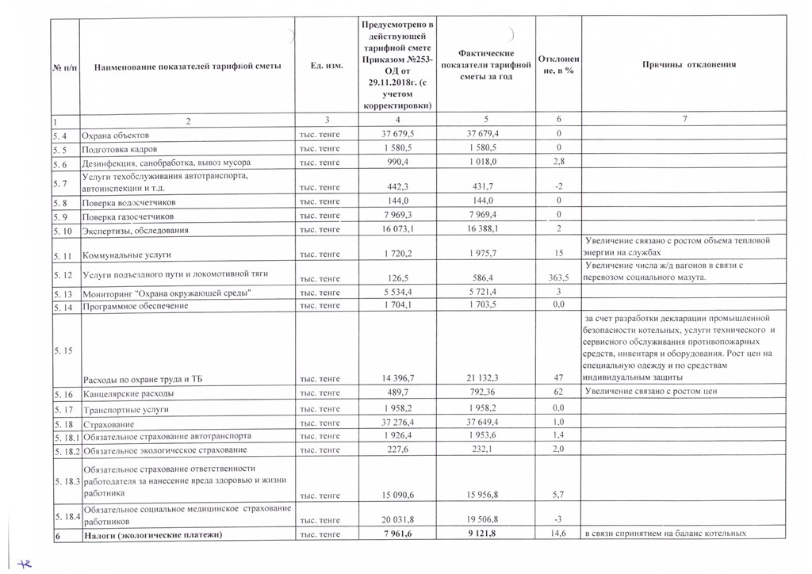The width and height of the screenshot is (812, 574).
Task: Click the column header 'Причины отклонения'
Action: tap(689, 64)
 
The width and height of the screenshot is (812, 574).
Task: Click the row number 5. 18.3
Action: tap(67, 482)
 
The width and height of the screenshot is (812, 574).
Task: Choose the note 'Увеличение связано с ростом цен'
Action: tap(649, 392)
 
